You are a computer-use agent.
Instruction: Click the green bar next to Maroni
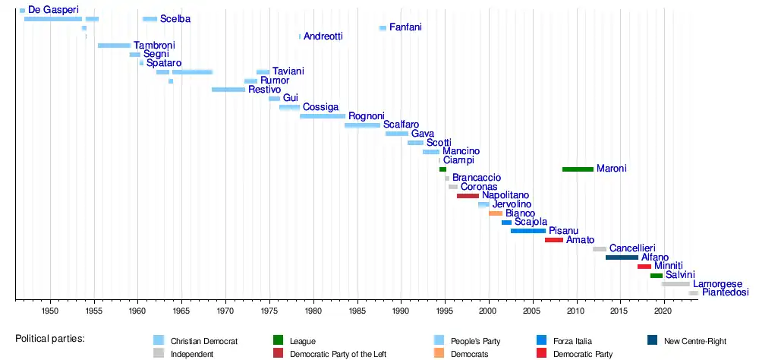tap(578, 169)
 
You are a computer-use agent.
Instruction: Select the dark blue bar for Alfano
tap(622, 257)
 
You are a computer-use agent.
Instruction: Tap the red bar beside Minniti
tap(644, 267)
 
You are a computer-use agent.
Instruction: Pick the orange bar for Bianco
tap(496, 213)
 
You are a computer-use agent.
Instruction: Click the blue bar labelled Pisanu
tap(528, 230)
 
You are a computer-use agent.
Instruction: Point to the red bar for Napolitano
tap(468, 196)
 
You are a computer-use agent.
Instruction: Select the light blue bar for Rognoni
tap(323, 116)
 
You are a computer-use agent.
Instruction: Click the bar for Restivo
tap(228, 90)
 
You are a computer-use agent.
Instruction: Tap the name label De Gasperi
tap(53, 10)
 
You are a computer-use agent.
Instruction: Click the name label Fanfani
tap(405, 27)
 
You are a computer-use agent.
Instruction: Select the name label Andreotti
tap(323, 36)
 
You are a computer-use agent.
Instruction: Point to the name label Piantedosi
tap(725, 292)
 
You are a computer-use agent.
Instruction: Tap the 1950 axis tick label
tap(50, 311)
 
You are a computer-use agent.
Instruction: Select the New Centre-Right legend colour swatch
tap(653, 340)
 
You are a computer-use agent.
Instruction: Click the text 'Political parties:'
tap(49, 337)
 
